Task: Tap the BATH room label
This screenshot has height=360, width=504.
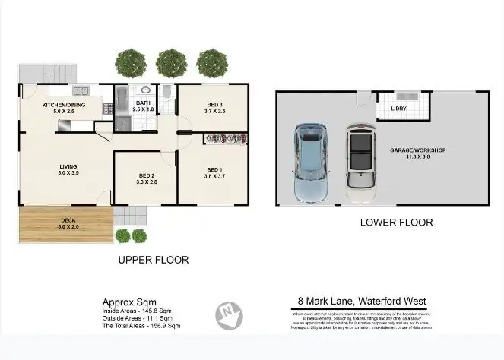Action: coord(143,103)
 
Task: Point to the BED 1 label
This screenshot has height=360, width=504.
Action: coord(214,169)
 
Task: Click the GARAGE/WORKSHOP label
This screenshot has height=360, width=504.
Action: coord(417,150)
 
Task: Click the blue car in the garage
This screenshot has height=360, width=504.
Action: coord(311,163)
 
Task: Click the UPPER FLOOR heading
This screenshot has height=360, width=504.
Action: coord(153,260)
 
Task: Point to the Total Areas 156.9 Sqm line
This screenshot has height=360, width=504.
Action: coord(141,325)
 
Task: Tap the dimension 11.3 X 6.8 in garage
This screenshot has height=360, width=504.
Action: coord(417,158)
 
